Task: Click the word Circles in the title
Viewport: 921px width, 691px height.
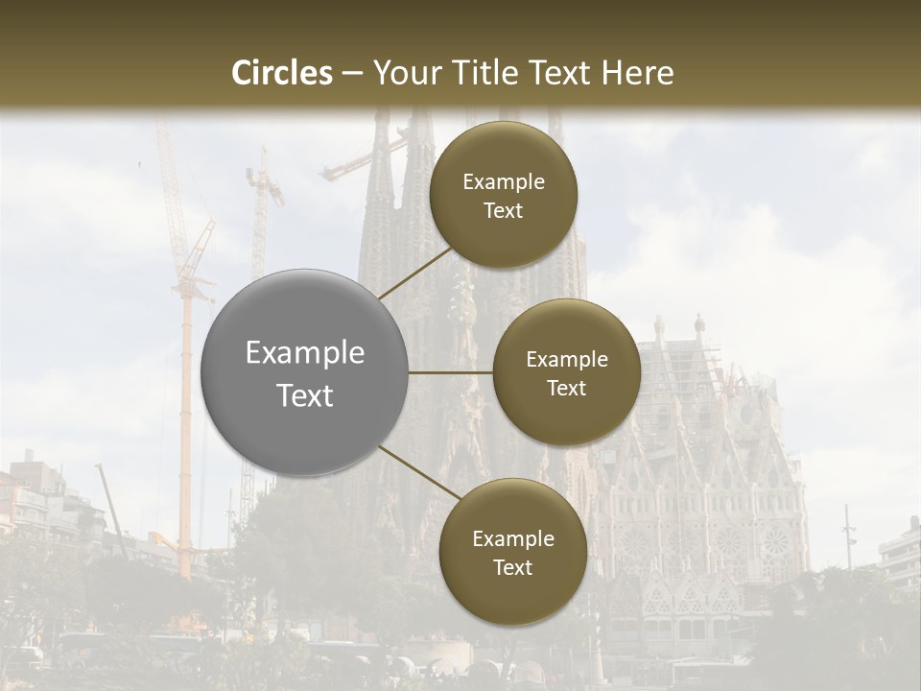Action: click(x=281, y=73)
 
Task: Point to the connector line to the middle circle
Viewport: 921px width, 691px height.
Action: click(x=451, y=372)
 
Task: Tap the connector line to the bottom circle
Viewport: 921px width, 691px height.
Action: click(x=418, y=472)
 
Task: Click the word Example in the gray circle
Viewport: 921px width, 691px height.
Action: click(x=305, y=353)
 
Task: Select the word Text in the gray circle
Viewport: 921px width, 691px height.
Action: click(x=305, y=395)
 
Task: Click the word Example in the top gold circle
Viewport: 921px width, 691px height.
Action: click(x=504, y=182)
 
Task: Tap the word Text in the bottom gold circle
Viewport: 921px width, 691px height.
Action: click(x=512, y=568)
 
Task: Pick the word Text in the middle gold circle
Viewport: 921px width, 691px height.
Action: click(x=567, y=389)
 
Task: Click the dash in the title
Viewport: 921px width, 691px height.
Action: click(x=352, y=74)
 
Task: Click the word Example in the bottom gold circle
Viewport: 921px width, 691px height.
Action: click(x=512, y=539)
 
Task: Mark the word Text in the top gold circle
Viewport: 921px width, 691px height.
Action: click(x=504, y=211)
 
